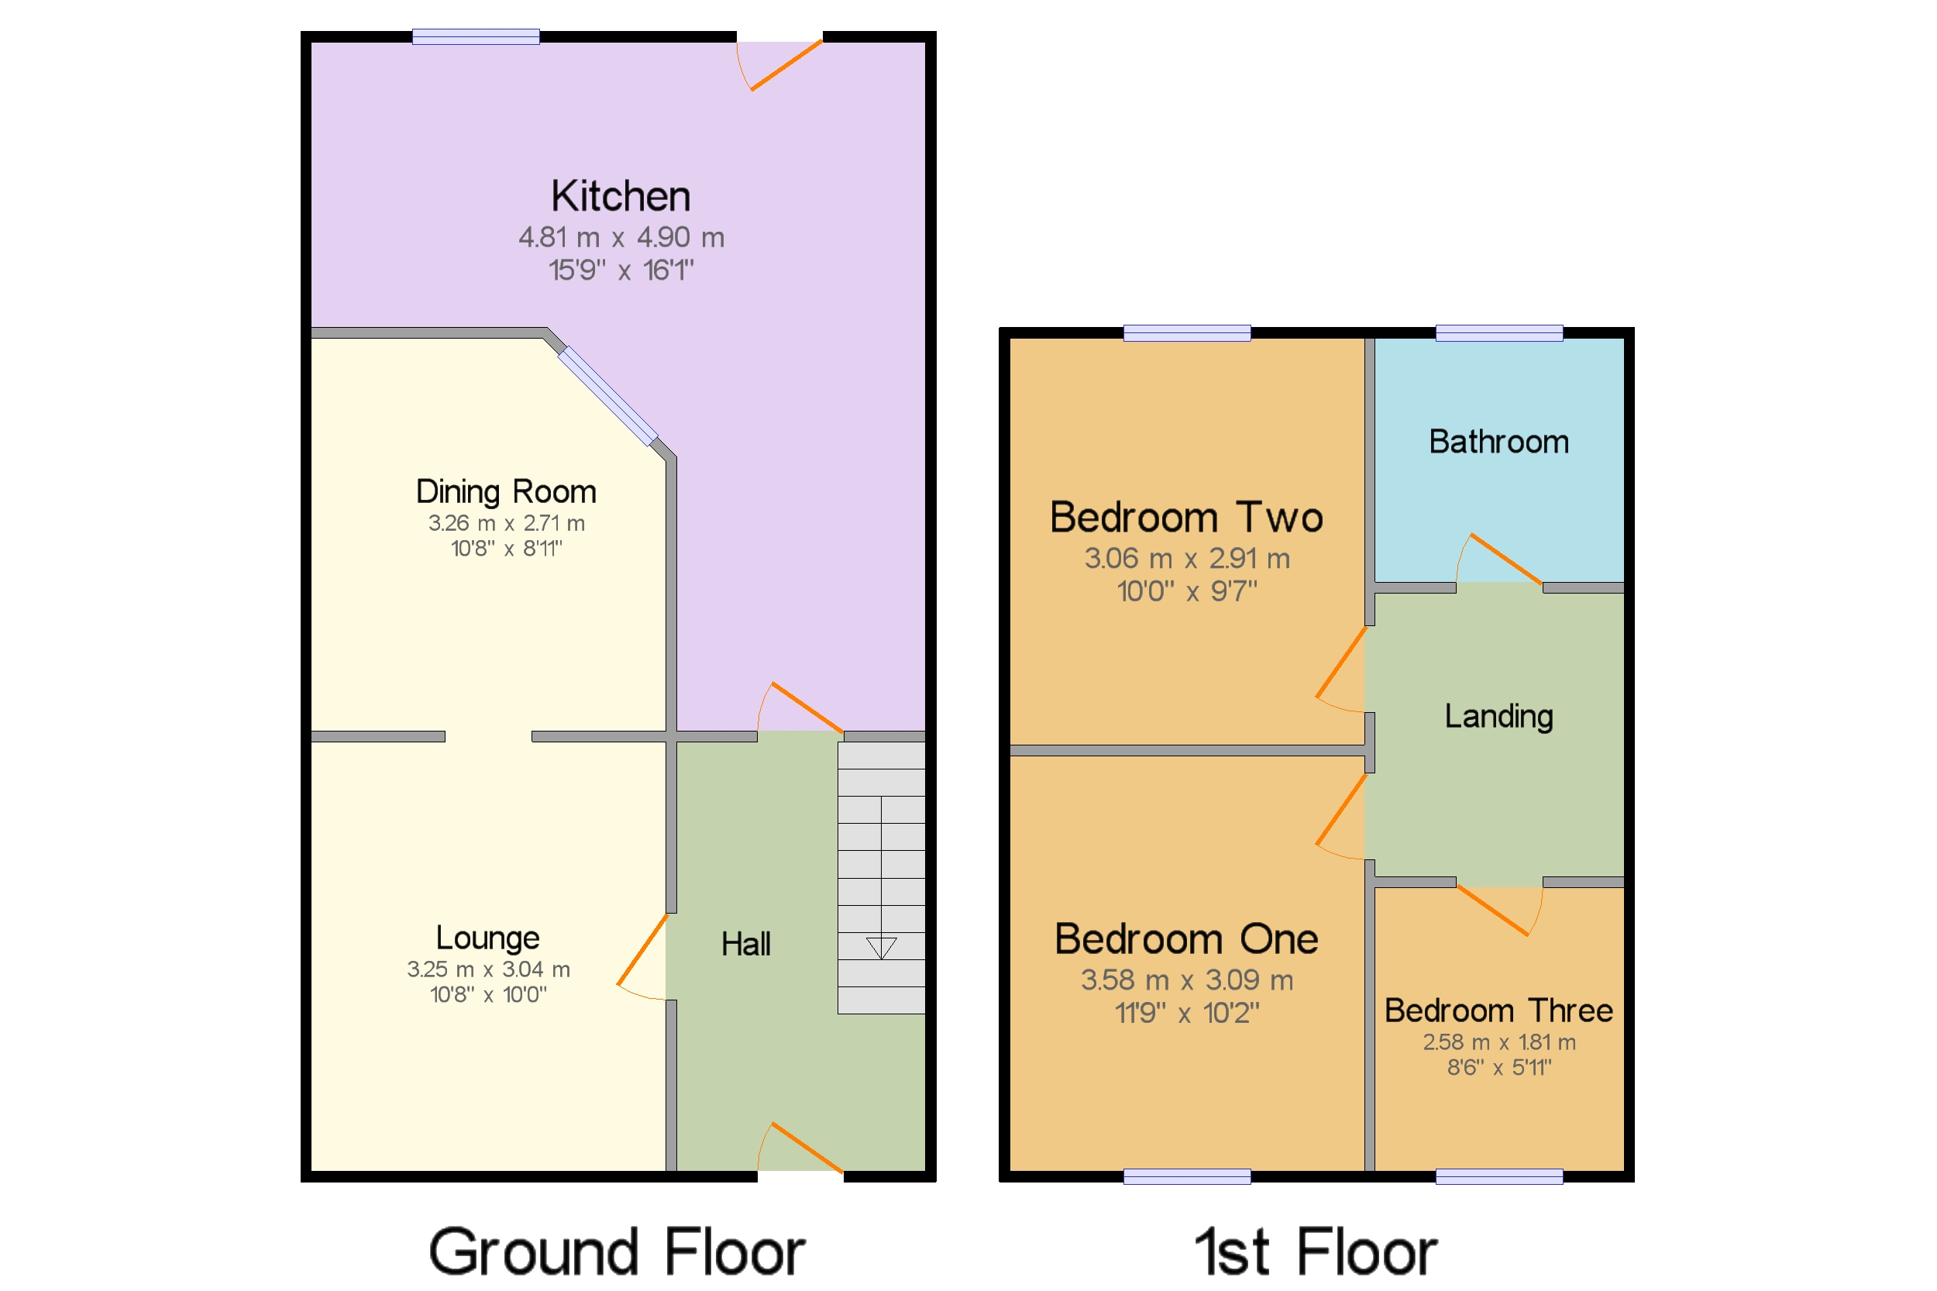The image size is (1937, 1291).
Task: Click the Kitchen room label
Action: [621, 197]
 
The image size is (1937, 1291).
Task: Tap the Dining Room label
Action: [505, 491]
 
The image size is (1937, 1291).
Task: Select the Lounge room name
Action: [487, 938]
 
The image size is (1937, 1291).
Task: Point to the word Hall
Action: [746, 945]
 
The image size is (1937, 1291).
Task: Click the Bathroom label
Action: [1498, 442]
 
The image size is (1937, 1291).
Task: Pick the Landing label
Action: [1498, 716]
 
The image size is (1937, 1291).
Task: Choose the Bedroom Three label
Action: [1498, 1011]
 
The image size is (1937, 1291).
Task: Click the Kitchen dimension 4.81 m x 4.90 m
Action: [621, 238]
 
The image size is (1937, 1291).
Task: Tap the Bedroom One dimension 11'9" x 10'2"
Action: [1186, 1014]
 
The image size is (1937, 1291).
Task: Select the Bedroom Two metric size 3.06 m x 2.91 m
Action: [1186, 559]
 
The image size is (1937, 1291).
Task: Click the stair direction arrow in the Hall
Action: [881, 948]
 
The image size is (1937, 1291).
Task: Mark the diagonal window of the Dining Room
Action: [607, 396]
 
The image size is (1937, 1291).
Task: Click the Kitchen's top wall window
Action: [476, 37]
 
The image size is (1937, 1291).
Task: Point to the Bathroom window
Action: [1498, 333]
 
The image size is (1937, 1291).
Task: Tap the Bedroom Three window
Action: [1498, 1176]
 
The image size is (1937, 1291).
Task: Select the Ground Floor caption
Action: [617, 1252]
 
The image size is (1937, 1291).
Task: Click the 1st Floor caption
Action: [1316, 1252]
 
